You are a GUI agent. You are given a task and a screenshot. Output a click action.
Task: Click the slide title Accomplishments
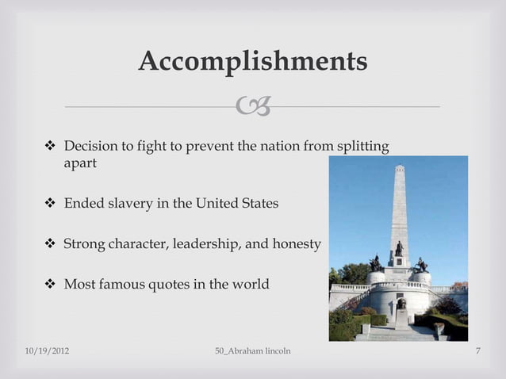252,61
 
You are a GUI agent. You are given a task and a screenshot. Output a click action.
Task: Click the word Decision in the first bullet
90,147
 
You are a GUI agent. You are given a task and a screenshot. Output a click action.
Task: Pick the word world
250,283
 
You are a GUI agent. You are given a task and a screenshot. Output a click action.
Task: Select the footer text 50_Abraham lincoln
252,350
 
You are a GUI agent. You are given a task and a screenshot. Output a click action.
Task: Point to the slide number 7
479,350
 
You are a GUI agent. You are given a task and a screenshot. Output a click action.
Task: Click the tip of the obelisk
399,167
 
